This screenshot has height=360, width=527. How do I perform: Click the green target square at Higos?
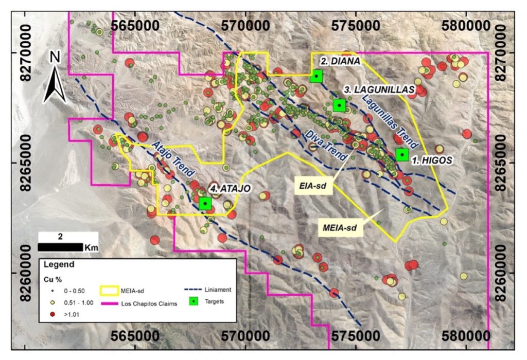pos(402,154)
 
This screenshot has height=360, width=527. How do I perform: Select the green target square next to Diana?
pos(317,76)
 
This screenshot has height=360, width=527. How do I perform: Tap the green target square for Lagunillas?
pos(339,105)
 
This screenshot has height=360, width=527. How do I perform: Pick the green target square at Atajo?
pos(205,203)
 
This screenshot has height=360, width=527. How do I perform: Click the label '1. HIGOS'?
pos(432,160)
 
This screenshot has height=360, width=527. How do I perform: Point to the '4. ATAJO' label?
pos(232,188)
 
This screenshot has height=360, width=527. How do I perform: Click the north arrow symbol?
pos(54,80)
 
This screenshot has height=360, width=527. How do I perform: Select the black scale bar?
pos(60,247)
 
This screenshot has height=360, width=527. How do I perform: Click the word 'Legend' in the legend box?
pos(56,265)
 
